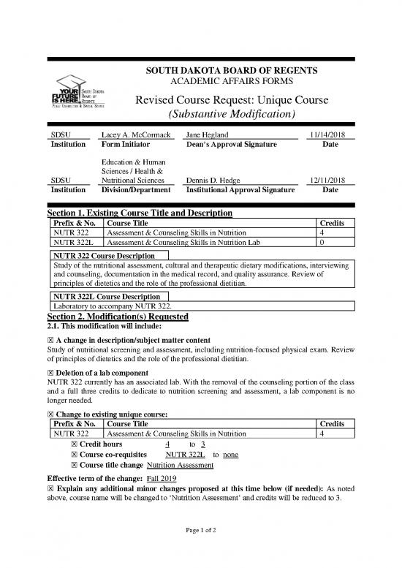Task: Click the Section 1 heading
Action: point(140,213)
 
